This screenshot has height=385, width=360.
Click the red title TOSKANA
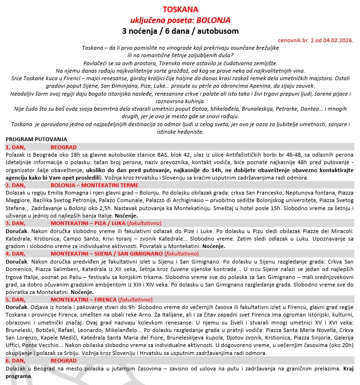coord(180,9)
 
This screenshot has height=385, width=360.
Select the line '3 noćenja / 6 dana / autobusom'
coord(180,31)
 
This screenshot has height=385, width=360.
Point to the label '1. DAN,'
coord(15,146)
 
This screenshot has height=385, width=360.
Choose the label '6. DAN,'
coord(15,360)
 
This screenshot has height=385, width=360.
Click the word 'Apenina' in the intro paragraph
coord(276,86)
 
